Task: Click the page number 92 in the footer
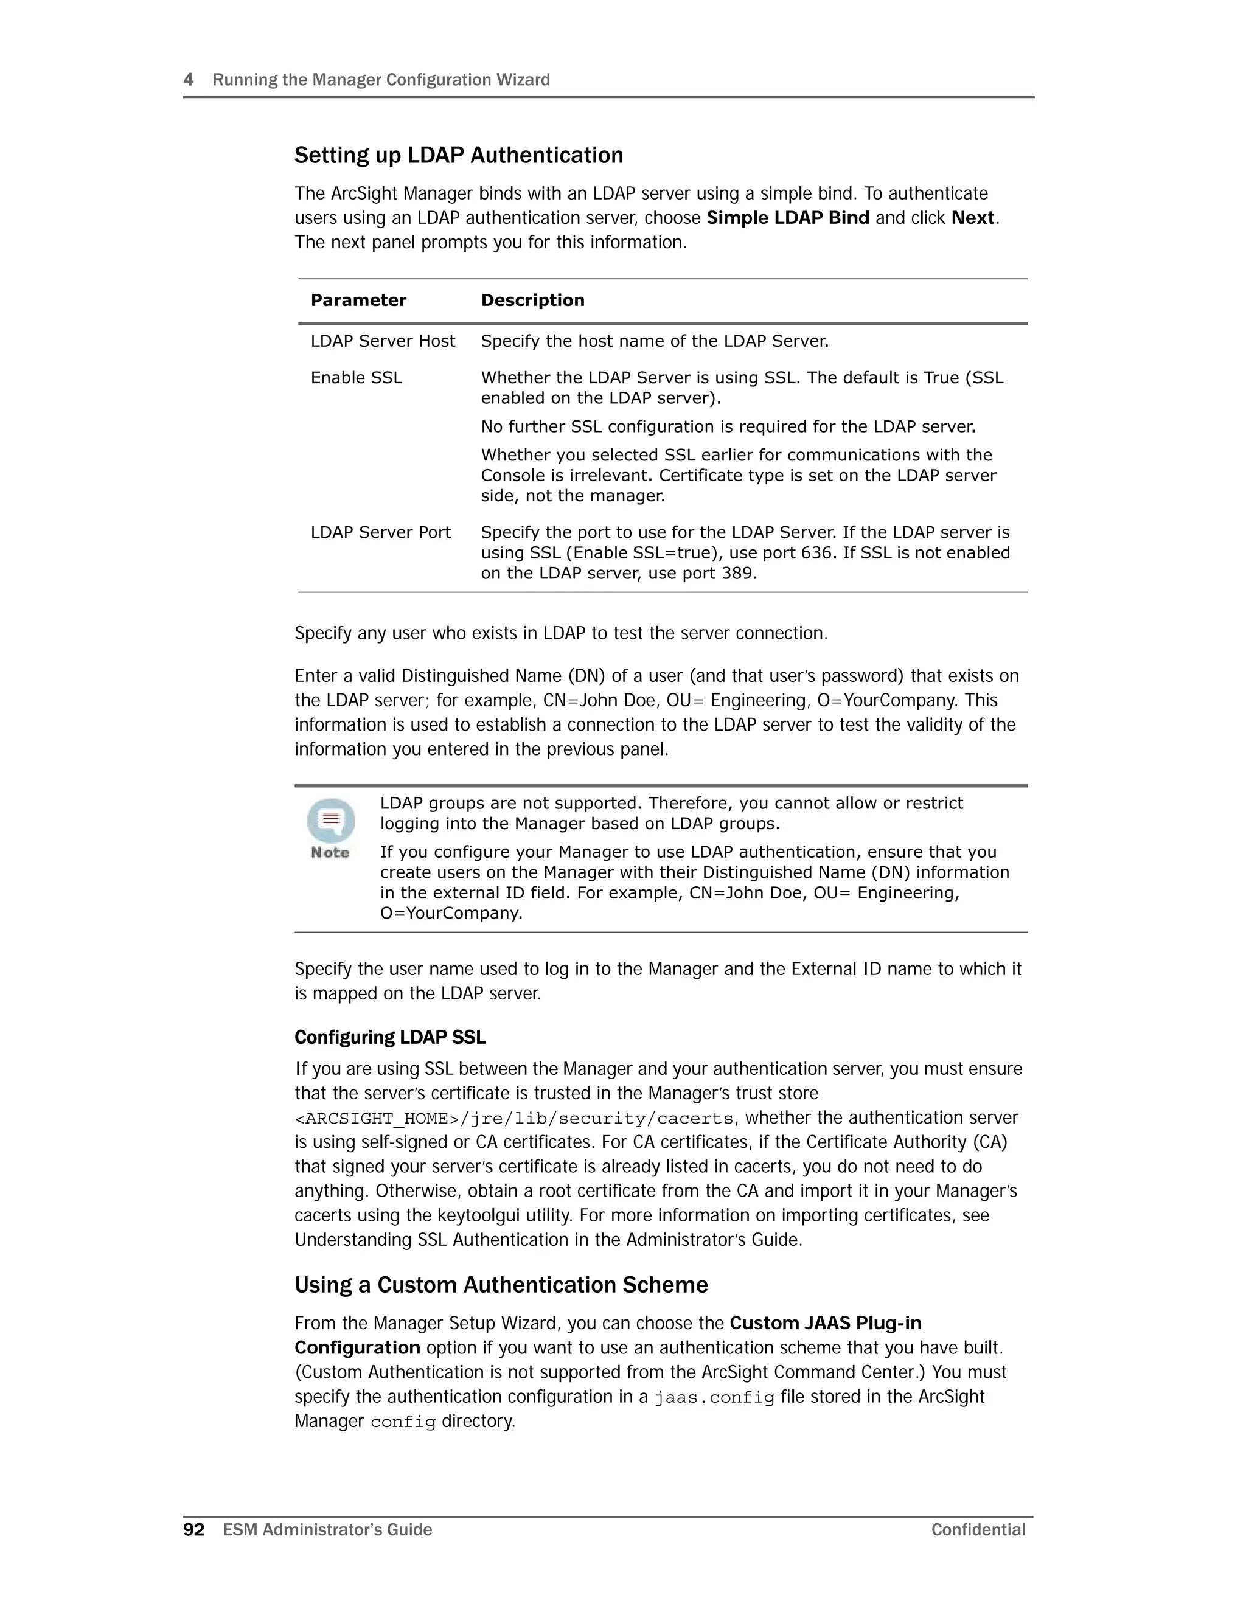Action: pyautogui.click(x=193, y=1529)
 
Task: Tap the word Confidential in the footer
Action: pyautogui.click(x=978, y=1529)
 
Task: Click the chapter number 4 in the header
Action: pyautogui.click(x=188, y=80)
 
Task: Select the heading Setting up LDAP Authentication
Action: pyautogui.click(x=458, y=155)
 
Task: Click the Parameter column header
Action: pyautogui.click(x=358, y=301)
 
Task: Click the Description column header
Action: pyautogui.click(x=532, y=301)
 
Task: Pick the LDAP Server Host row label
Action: pyautogui.click(x=382, y=341)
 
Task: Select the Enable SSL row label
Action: pyautogui.click(x=356, y=378)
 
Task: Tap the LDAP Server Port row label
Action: pyautogui.click(x=380, y=533)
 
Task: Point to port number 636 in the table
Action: pyautogui.click(x=816, y=553)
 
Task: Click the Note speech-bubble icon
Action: pyautogui.click(x=331, y=821)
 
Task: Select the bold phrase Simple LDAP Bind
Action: pyautogui.click(x=788, y=218)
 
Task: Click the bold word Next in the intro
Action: pyautogui.click(x=973, y=218)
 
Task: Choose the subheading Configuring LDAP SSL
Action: pyautogui.click(x=390, y=1038)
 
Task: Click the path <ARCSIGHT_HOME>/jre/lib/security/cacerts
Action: pyautogui.click(x=513, y=1119)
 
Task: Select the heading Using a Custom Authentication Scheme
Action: pyautogui.click(x=501, y=1285)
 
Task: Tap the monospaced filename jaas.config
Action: pyautogui.click(x=714, y=1397)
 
